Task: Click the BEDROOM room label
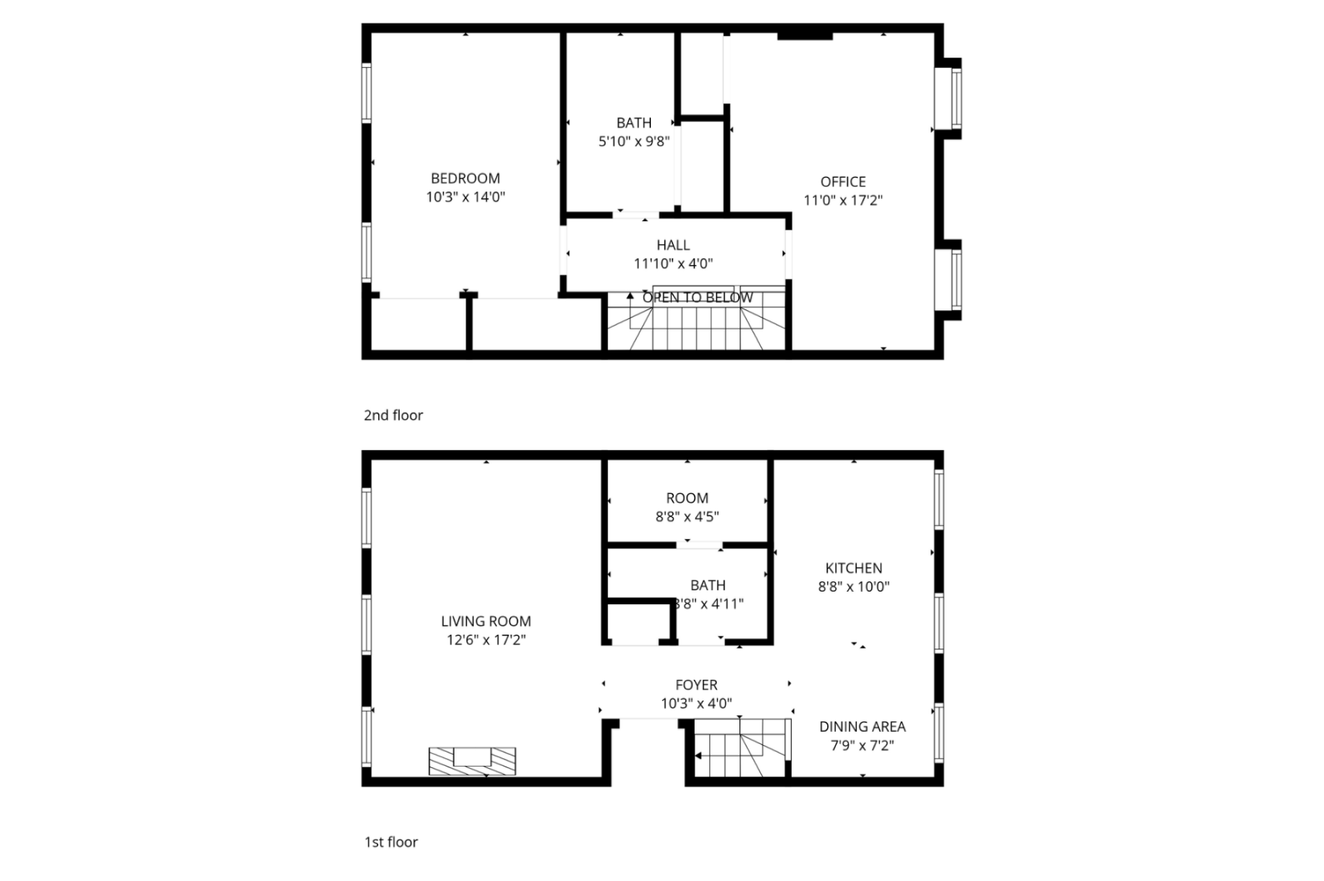click(x=465, y=178)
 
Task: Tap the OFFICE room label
click(x=842, y=182)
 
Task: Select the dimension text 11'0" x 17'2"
click(x=842, y=200)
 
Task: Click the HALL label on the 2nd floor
click(x=672, y=245)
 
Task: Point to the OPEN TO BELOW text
click(x=697, y=298)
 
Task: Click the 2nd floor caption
click(x=393, y=415)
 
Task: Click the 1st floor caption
click(x=391, y=841)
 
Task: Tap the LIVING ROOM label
click(x=486, y=622)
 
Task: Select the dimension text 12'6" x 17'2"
click(x=486, y=640)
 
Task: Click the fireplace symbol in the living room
click(x=472, y=761)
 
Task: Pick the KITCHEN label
click(x=854, y=568)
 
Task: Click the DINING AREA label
click(x=862, y=726)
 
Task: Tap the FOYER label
click(x=696, y=685)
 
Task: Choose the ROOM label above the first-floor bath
click(x=687, y=498)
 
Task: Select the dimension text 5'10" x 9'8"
click(x=634, y=142)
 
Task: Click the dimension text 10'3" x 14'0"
click(x=465, y=197)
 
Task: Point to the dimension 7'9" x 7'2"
click(x=862, y=745)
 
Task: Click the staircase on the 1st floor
click(x=740, y=748)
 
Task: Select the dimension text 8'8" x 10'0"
click(x=854, y=586)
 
